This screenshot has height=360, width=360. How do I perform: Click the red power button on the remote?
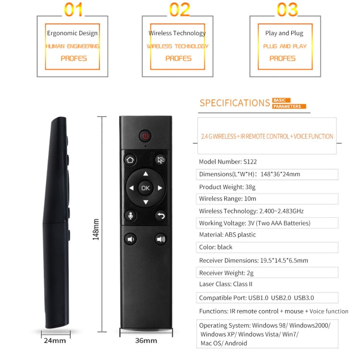145,136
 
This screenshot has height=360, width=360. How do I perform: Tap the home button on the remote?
130,160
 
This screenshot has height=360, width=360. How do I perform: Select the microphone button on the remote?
130,216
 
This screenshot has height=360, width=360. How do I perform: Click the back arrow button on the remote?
161,216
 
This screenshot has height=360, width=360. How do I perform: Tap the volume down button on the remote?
130,239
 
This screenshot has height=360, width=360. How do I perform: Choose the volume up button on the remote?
161,239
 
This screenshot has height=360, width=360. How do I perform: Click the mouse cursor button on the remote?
161,160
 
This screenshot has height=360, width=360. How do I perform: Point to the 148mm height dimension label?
96,229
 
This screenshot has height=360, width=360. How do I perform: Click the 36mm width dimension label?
146,341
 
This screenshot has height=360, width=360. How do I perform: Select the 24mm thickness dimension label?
54,341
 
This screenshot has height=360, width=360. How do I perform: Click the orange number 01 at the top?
73,9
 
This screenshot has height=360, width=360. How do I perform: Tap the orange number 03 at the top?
287,9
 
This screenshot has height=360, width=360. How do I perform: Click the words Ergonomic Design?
72,33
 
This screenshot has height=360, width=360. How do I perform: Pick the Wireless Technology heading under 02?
177,33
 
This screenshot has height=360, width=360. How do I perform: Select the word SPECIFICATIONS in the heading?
235,103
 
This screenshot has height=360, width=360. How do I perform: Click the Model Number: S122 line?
228,162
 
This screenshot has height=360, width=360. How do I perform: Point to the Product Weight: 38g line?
231,187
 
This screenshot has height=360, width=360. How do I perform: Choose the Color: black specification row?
216,247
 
